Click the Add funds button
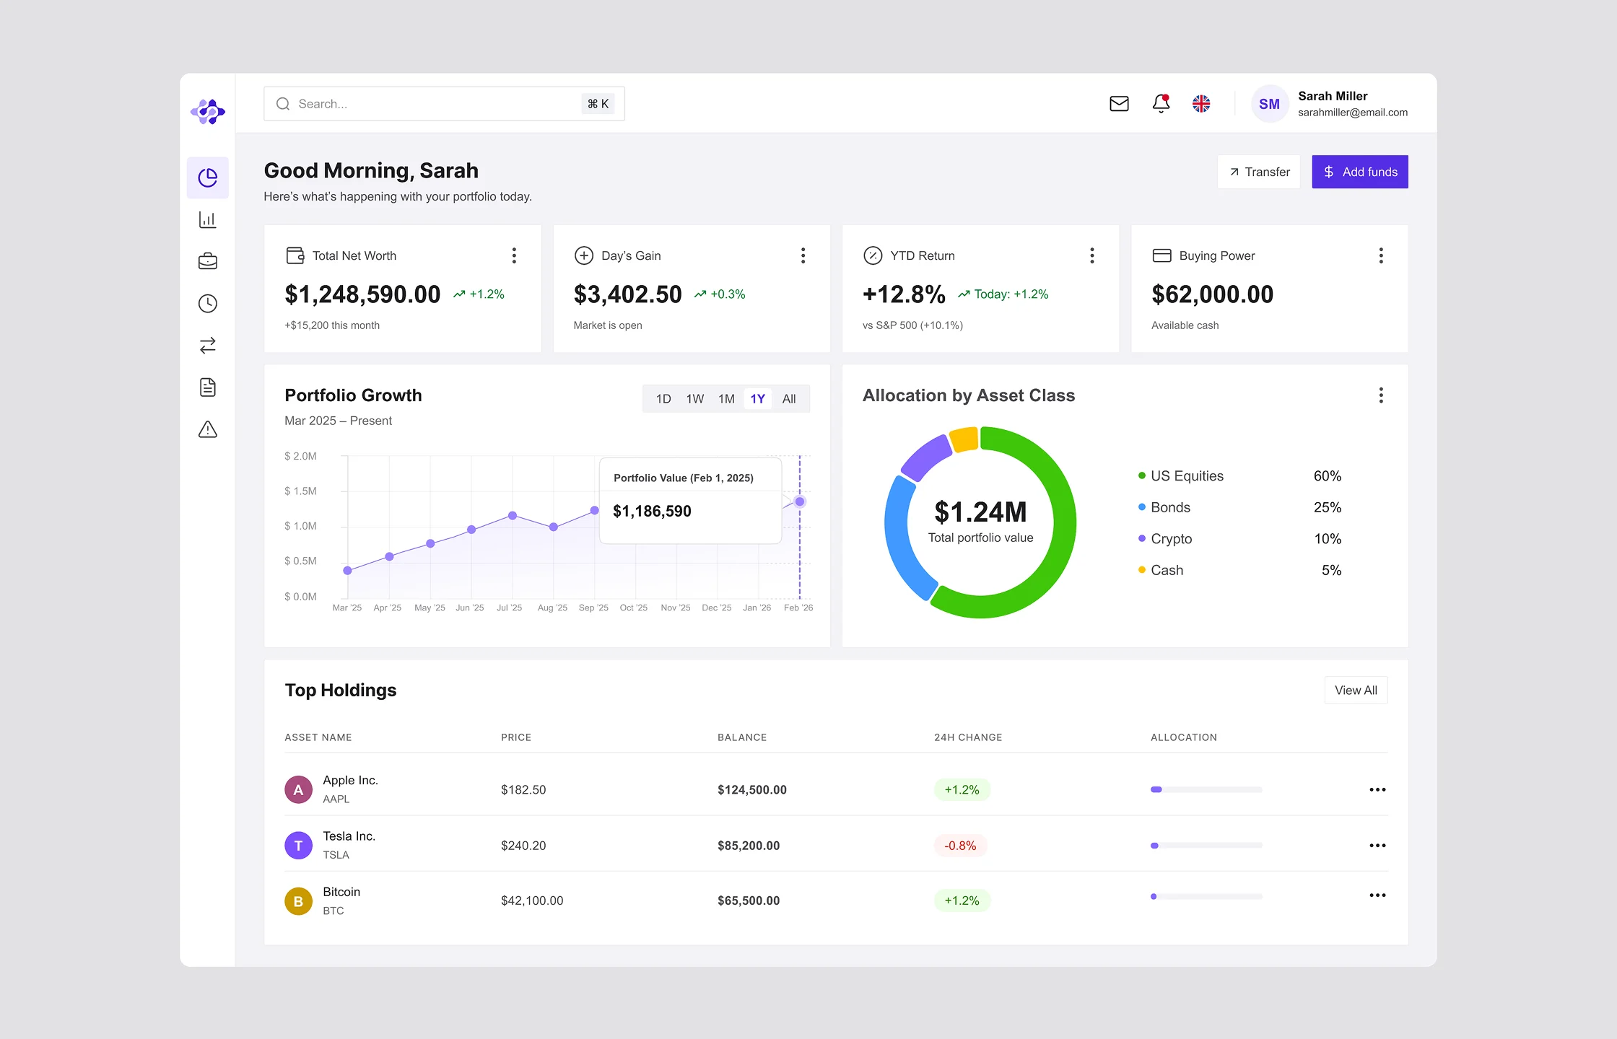1359,172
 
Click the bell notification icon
1161,104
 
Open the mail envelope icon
1119,104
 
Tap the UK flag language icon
1201,104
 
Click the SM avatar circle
1269,104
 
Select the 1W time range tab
694,399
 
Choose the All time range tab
789,399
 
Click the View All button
1356,691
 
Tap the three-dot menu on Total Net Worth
514,255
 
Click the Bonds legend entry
1169,507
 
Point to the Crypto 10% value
1327,539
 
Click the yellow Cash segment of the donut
964,439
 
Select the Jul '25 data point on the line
513,515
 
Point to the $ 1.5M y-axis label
300,491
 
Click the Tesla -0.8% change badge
960,846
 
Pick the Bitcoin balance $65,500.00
749,900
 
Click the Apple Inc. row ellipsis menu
1377,789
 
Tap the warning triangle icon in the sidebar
208,429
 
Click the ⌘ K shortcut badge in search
598,104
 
